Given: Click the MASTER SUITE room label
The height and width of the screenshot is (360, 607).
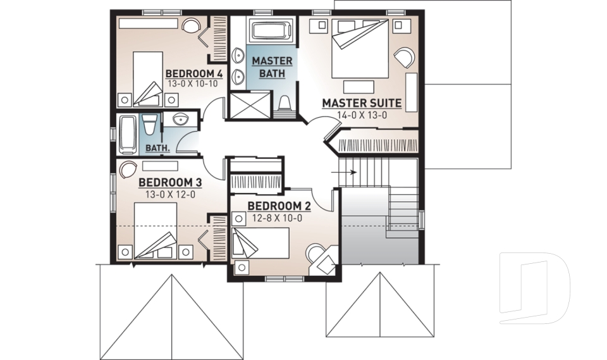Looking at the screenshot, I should [x=362, y=102].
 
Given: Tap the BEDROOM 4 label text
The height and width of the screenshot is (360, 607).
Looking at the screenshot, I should [x=193, y=73].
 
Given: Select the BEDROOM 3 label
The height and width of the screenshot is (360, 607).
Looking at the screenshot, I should [x=169, y=183].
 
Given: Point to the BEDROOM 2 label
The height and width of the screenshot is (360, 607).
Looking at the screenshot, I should [x=279, y=206].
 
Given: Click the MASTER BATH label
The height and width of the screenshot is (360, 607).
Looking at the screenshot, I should [x=272, y=67].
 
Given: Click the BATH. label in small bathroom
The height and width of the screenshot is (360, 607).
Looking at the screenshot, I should [x=157, y=148].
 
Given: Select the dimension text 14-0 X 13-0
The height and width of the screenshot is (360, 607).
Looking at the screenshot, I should [x=362, y=115].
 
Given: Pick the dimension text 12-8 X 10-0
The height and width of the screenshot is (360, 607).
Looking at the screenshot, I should [x=278, y=218].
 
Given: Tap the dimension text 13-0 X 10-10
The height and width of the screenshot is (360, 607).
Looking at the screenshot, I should [x=193, y=84].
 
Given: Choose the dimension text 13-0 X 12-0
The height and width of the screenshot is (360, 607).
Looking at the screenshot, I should [x=169, y=194].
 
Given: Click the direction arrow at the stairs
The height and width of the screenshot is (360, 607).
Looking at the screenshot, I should [x=350, y=171].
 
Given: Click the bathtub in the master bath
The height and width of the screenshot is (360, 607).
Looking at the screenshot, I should [x=271, y=30].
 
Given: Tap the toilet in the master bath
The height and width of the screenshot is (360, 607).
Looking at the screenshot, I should [x=285, y=104].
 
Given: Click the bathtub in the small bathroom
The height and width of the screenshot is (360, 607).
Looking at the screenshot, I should [x=128, y=134].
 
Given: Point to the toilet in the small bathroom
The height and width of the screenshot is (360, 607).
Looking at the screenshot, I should [x=149, y=126].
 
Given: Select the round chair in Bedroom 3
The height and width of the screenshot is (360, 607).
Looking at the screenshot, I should [x=128, y=170].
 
